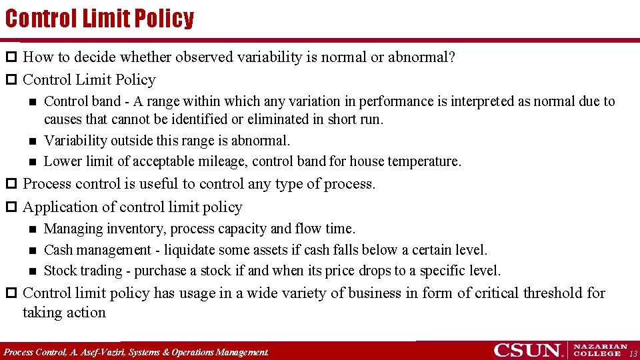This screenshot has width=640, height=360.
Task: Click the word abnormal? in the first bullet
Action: pos(422,57)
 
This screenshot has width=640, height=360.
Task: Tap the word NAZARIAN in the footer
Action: pos(600,347)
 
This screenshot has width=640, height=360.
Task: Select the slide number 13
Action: pos(633,353)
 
